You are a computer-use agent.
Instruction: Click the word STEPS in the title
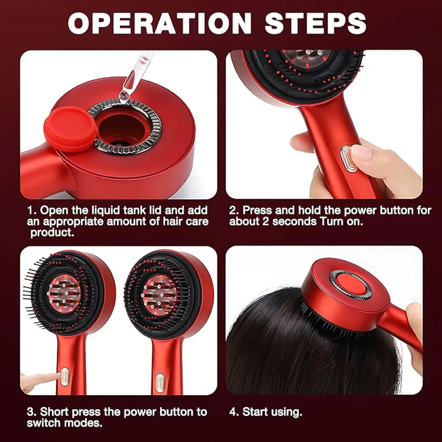coord(318,23)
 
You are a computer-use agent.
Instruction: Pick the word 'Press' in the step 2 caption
coord(257,210)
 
